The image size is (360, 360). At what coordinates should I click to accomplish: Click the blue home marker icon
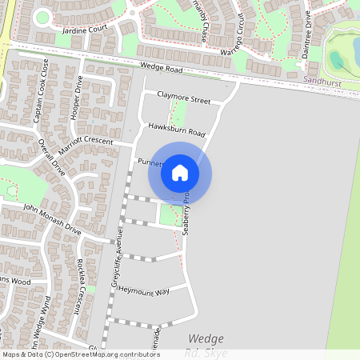180,172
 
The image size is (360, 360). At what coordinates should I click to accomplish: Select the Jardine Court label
84,29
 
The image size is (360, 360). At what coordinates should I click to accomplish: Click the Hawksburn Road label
177,131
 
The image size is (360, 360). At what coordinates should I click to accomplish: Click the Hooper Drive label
78,97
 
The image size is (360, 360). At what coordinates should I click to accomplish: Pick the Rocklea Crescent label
81,286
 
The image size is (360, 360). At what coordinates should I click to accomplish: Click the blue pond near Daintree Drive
338,59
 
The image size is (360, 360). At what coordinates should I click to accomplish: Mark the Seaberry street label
186,212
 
